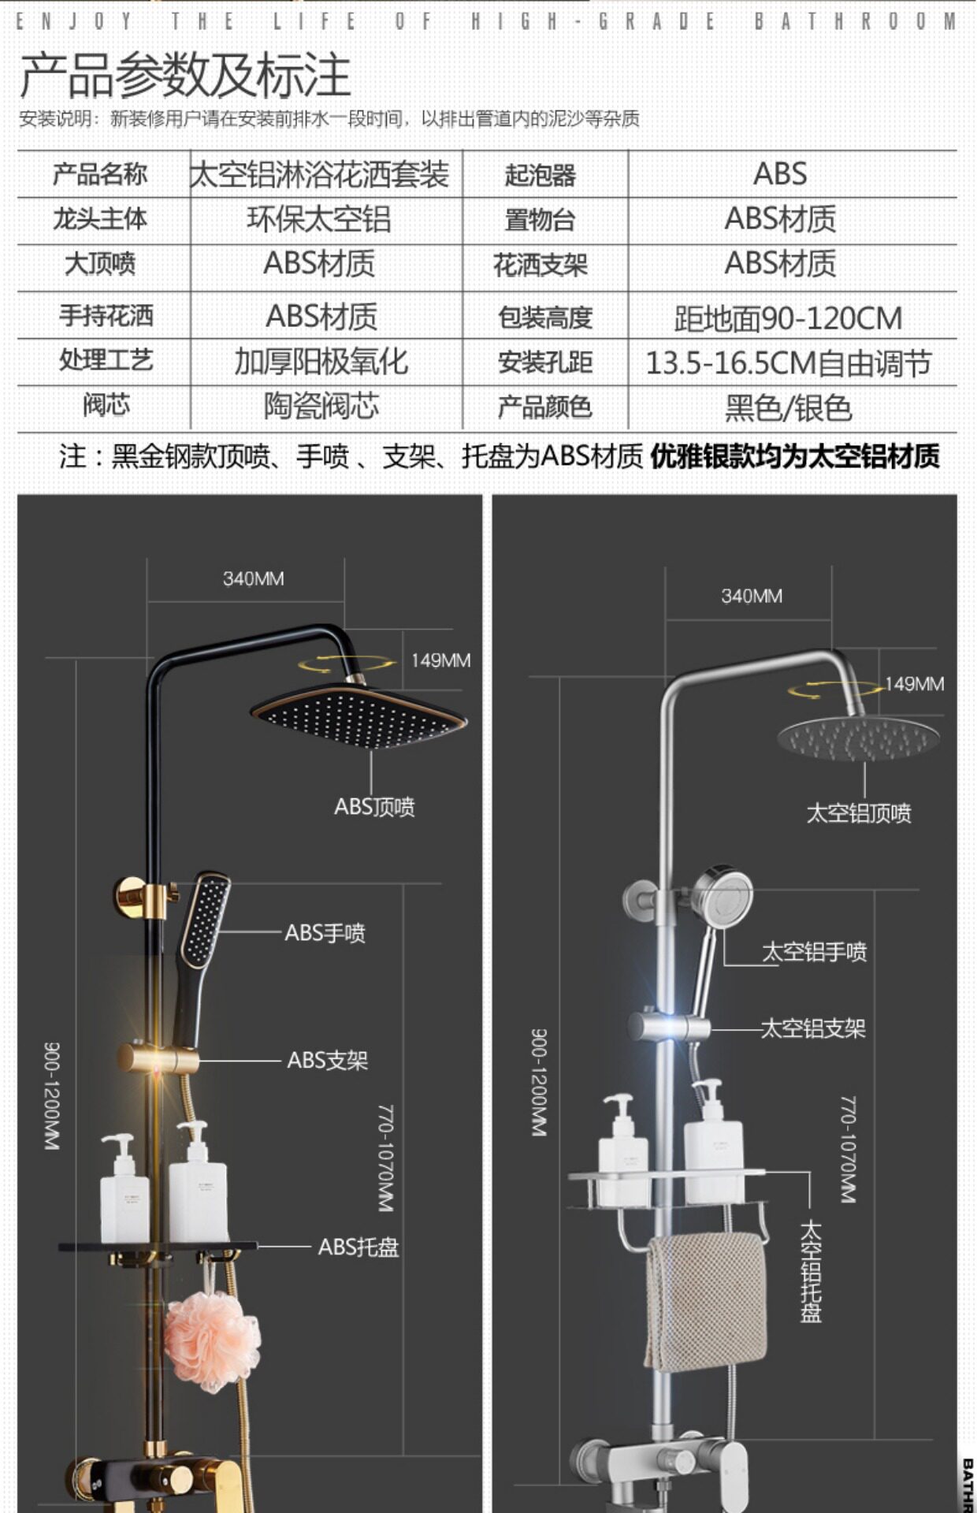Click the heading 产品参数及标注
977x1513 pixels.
(x=185, y=76)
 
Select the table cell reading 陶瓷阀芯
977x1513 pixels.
(x=321, y=407)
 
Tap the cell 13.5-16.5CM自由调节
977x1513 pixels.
(x=789, y=363)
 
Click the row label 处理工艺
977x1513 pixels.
(x=106, y=361)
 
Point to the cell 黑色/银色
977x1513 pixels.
(x=789, y=408)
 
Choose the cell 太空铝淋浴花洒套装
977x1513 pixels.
(x=320, y=174)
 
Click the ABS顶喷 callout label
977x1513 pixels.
(x=374, y=807)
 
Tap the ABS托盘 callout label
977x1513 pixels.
(x=358, y=1247)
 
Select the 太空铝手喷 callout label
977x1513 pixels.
(x=814, y=952)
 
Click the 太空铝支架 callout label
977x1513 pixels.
(x=812, y=1028)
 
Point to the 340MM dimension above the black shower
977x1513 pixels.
(x=253, y=579)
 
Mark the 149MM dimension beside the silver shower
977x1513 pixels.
(x=914, y=684)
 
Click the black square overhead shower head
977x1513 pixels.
(x=359, y=716)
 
